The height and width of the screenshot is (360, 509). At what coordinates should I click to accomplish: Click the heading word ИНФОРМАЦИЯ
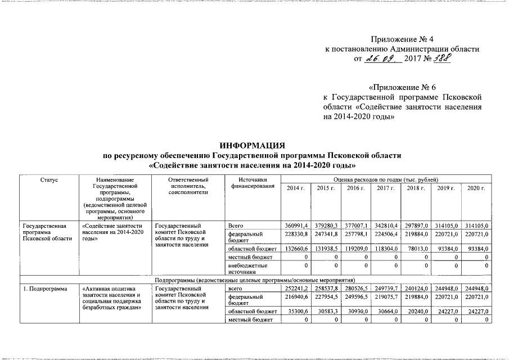[252, 145]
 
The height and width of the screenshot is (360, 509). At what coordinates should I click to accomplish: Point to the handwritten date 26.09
[381, 58]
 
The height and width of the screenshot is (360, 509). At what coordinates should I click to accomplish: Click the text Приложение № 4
[403, 39]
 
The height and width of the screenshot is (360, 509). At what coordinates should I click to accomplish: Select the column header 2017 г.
[385, 187]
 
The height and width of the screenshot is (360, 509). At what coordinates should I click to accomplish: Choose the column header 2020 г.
[475, 187]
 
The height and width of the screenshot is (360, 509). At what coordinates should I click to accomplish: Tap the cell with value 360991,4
[294, 226]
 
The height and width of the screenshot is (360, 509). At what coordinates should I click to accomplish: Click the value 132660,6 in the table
[294, 249]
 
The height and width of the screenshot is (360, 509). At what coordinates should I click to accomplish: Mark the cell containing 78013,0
[416, 249]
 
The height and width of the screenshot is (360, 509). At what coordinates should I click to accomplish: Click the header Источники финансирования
[248, 183]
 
